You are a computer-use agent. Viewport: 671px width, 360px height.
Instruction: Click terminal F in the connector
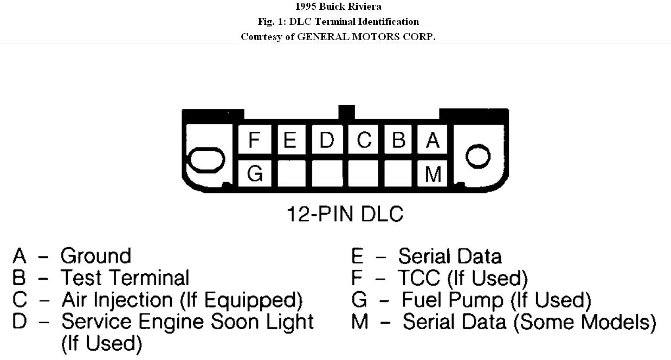tap(254, 140)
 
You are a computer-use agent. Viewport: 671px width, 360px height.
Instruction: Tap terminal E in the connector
tap(290, 140)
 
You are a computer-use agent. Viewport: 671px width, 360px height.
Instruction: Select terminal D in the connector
tap(327, 140)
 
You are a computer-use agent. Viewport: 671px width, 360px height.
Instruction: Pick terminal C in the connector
tap(364, 140)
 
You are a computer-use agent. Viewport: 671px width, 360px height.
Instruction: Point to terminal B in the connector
tap(398, 140)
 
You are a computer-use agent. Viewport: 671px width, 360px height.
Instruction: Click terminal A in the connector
tap(433, 140)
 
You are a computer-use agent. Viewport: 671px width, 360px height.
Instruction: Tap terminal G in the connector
tap(255, 174)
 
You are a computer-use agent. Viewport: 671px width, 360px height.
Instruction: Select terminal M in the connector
tap(433, 174)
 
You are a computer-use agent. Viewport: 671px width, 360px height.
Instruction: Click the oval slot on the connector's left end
tap(206, 159)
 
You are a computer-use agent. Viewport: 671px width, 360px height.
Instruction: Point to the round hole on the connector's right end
tap(478, 157)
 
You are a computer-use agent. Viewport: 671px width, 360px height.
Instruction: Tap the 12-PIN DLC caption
tap(345, 214)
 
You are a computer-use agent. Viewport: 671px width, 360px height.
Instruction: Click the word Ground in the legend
tap(96, 256)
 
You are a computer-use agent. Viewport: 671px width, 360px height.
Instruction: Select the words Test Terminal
tap(125, 278)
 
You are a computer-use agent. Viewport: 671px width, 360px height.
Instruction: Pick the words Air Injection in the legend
tap(117, 300)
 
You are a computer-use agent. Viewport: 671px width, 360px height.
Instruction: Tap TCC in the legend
tap(419, 278)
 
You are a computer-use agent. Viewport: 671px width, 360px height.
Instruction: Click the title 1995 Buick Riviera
tap(338, 7)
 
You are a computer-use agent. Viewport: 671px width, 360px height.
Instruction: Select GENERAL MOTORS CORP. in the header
tap(366, 37)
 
